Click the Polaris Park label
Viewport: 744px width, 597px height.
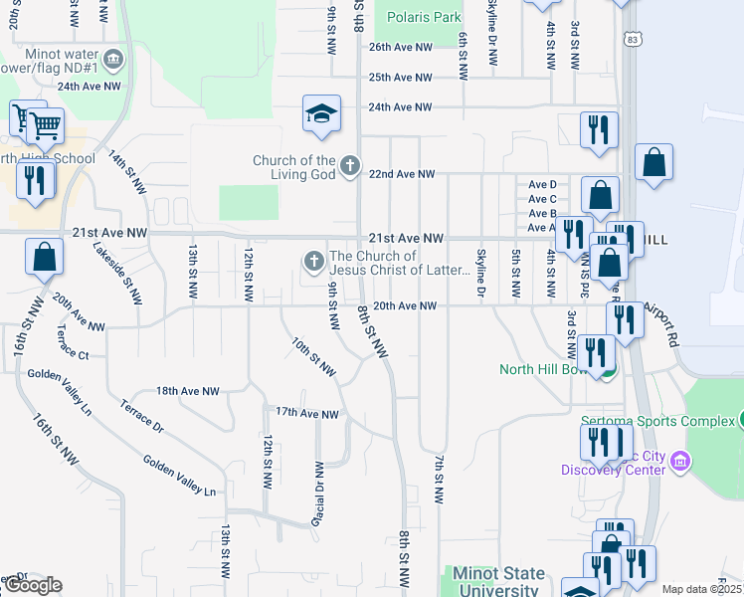pyautogui.click(x=424, y=17)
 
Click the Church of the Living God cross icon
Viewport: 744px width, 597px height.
pyautogui.click(x=349, y=165)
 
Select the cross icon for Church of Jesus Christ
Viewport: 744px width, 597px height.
pyautogui.click(x=313, y=262)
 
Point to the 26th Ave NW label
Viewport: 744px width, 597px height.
pyautogui.click(x=400, y=47)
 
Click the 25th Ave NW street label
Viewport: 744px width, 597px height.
pyautogui.click(x=400, y=77)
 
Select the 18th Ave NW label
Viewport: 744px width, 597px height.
pyautogui.click(x=187, y=392)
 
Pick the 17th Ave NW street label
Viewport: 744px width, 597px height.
pyautogui.click(x=307, y=413)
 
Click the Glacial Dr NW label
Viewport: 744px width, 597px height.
pyautogui.click(x=319, y=494)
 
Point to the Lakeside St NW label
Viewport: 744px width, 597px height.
pyautogui.click(x=118, y=273)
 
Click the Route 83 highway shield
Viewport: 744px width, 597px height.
pyautogui.click(x=633, y=39)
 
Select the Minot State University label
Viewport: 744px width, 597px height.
pyautogui.click(x=498, y=582)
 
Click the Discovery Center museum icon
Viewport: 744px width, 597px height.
pyautogui.click(x=681, y=462)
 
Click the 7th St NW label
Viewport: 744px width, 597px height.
pyautogui.click(x=438, y=480)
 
